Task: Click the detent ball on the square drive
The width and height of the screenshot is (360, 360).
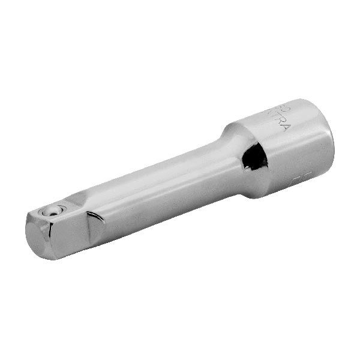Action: (56, 210)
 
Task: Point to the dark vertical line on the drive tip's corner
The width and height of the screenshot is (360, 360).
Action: (59, 240)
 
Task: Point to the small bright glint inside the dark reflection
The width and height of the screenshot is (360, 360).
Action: (247, 162)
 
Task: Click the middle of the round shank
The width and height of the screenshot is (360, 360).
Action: (162, 186)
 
